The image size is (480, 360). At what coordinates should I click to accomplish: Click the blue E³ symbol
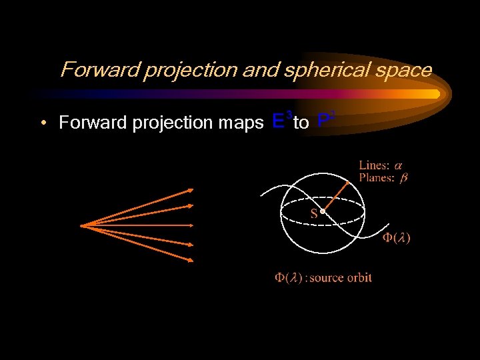pyautogui.click(x=281, y=121)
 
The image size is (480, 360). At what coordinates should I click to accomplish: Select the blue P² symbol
pyautogui.click(x=325, y=121)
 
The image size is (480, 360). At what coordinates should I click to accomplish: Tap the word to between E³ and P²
pyautogui.click(x=301, y=123)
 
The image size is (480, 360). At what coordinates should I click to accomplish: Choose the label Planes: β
pyautogui.click(x=383, y=177)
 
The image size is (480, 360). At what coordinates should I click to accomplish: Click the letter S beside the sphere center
pyautogui.click(x=313, y=213)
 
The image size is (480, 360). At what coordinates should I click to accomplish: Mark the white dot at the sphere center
pyautogui.click(x=322, y=212)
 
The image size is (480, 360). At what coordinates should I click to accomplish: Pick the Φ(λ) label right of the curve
pyautogui.click(x=396, y=238)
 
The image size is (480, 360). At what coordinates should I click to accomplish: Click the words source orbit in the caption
pyautogui.click(x=341, y=277)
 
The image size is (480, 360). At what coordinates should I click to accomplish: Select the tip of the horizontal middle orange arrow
pyautogui.click(x=194, y=225)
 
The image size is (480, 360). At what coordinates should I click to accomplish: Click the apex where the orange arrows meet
pyautogui.click(x=81, y=225)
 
